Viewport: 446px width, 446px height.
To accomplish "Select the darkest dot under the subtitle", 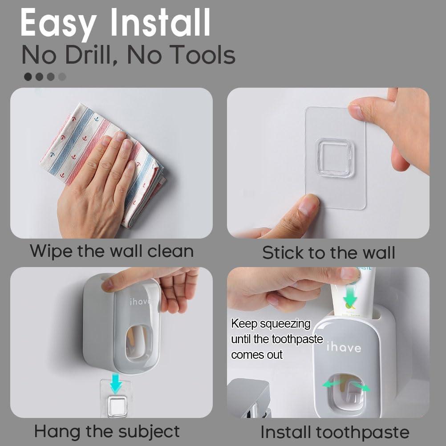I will pyautogui.click(x=28, y=77).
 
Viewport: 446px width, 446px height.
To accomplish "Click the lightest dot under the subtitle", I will pyautogui.click(x=62, y=77).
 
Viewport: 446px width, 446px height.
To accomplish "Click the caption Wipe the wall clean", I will pyautogui.click(x=112, y=251).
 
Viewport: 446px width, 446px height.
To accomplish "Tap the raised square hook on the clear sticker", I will pyautogui.click(x=335, y=158).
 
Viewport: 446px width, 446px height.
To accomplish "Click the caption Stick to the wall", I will pyautogui.click(x=328, y=253).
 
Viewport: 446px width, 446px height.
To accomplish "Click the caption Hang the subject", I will pyautogui.click(x=107, y=431).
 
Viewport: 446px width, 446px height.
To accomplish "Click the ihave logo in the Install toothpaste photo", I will pyautogui.click(x=344, y=347).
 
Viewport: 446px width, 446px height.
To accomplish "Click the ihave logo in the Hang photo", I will pyautogui.click(x=140, y=302).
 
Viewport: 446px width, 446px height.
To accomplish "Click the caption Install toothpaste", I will pyautogui.click(x=335, y=432).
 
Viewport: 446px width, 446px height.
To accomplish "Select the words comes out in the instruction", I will pyautogui.click(x=257, y=355).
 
